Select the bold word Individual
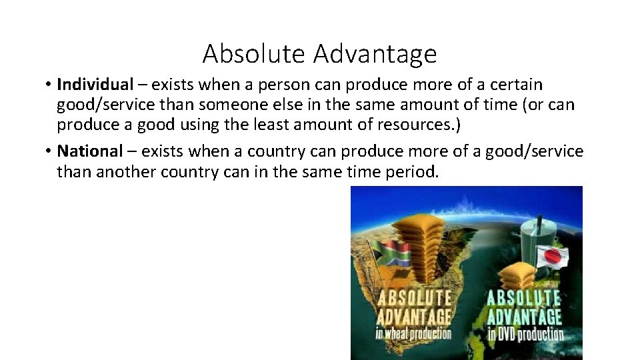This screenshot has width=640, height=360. tap(95, 85)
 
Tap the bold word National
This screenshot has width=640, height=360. tap(90, 151)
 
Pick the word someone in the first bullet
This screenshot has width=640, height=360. tap(262, 105)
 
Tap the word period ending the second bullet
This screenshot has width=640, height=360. tap(411, 172)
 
